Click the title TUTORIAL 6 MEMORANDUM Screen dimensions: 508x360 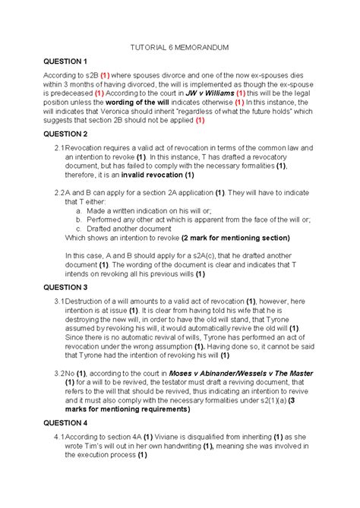click(180, 48)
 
